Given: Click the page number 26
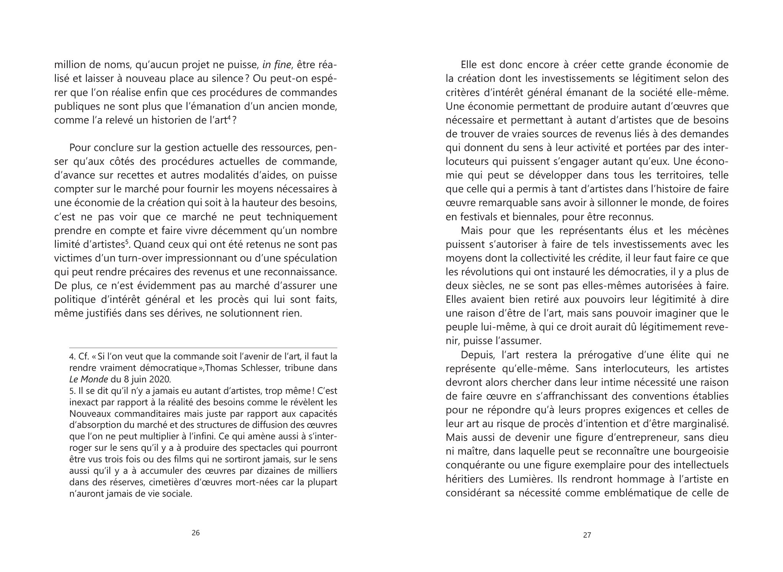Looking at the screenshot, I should [195, 533].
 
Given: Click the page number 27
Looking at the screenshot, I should [587, 535].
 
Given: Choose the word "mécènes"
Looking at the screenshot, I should [708, 231].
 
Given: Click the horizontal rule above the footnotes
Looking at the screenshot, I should [203, 348].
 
